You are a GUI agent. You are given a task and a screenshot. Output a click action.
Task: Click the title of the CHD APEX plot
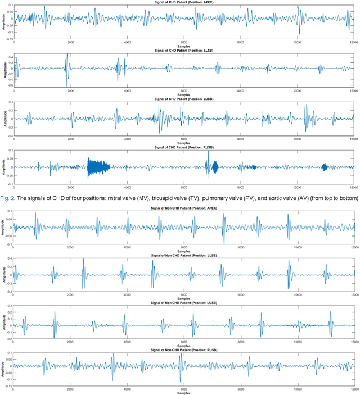183,3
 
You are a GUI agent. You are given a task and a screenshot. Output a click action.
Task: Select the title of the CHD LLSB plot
183,51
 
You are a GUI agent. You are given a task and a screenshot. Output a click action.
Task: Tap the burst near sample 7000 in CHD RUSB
212,167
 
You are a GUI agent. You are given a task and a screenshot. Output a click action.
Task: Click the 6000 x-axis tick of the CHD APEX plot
184,43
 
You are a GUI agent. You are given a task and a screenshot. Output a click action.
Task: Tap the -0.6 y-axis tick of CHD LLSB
7,85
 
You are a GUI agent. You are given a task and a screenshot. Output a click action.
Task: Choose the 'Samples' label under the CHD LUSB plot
183,143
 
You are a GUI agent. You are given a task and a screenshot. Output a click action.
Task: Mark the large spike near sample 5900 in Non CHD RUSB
181,365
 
